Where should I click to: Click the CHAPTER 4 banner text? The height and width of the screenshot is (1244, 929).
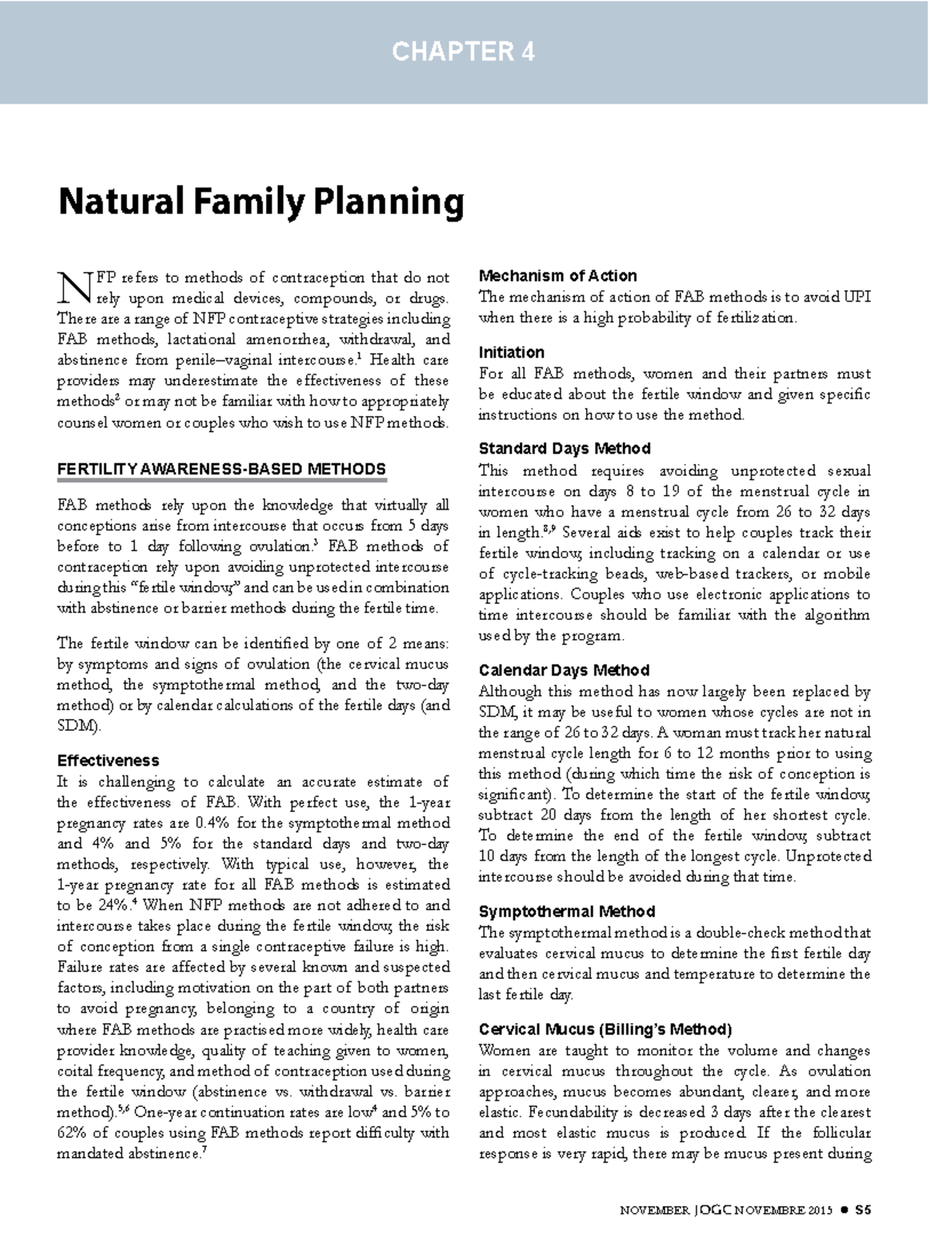463,52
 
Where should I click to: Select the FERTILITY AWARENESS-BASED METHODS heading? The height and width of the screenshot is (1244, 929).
221,469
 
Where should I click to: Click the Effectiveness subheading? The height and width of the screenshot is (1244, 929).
108,761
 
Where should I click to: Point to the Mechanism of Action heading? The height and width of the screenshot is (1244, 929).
557,276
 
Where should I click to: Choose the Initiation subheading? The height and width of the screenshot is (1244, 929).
511,352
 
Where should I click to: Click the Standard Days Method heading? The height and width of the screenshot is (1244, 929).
564,448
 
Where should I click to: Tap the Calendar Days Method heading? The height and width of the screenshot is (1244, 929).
564,670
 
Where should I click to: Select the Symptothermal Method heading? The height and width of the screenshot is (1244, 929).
567,912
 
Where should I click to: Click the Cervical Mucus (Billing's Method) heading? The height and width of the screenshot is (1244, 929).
605,1029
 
